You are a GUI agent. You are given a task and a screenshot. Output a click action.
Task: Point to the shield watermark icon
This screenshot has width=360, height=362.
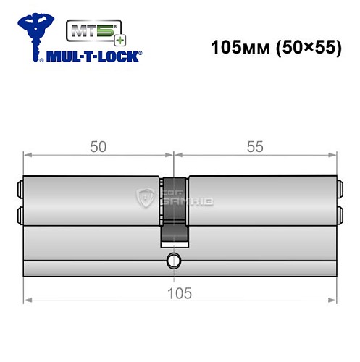point(144,195)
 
